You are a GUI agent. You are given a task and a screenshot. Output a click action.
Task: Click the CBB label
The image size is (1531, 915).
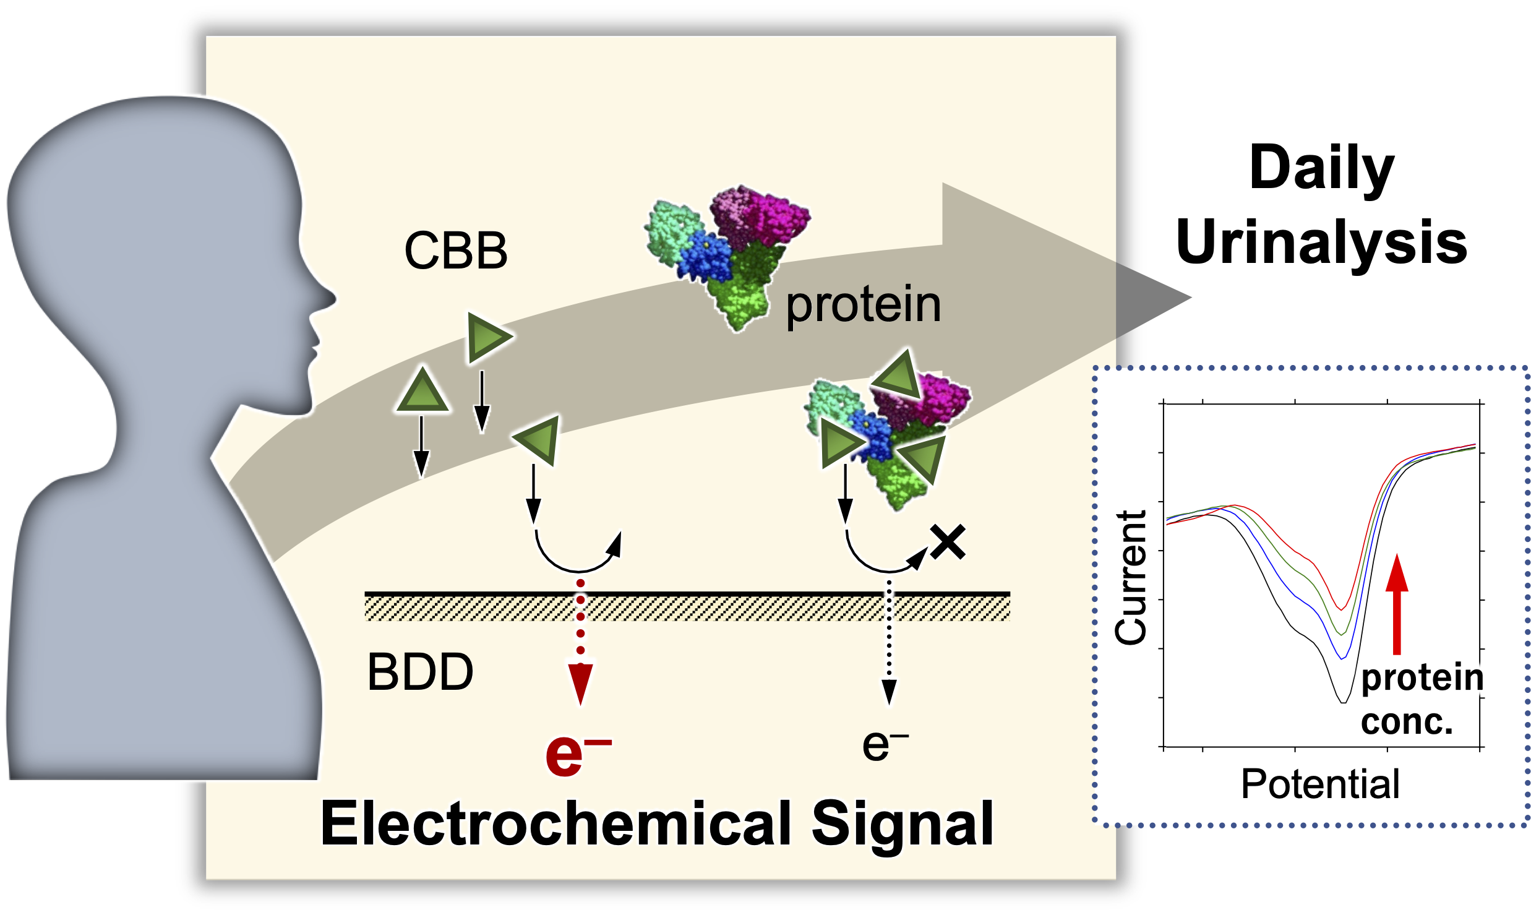click(456, 251)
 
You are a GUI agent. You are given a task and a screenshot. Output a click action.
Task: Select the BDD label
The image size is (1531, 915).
click(420, 672)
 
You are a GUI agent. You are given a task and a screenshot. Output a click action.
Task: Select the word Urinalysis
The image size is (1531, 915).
click(1321, 242)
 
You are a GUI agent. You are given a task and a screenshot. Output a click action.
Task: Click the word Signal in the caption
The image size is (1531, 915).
click(901, 823)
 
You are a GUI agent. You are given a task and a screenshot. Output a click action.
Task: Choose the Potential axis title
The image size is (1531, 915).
click(1319, 784)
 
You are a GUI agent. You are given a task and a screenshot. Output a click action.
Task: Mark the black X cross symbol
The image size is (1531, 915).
click(948, 543)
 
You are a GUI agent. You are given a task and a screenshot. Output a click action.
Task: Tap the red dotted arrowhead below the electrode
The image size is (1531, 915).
click(580, 684)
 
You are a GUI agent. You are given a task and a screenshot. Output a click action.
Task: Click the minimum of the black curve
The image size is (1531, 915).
click(1343, 702)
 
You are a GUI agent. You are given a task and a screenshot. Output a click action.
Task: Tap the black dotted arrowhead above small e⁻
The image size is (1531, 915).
click(889, 691)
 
